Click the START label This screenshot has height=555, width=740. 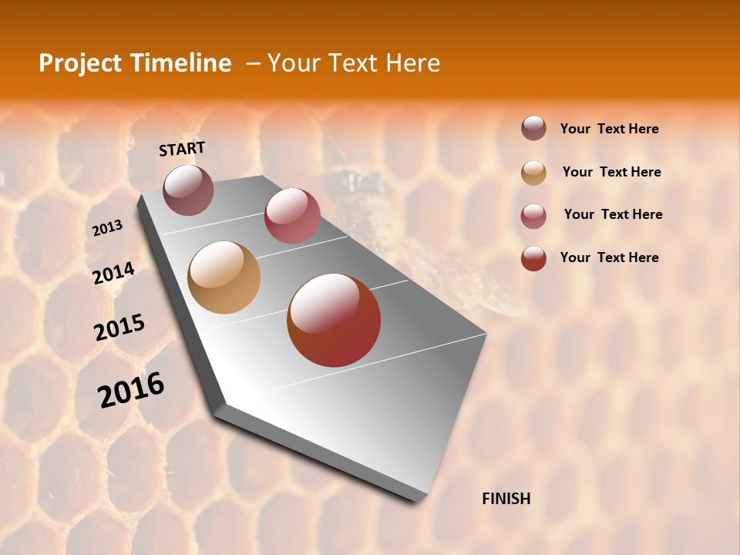[x=182, y=148]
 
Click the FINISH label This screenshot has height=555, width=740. [x=506, y=499]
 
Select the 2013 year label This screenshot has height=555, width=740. [x=108, y=227]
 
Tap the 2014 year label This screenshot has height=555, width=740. [x=113, y=273]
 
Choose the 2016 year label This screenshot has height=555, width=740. [x=131, y=389]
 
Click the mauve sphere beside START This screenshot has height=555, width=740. [x=189, y=190]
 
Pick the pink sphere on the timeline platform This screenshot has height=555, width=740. [x=292, y=216]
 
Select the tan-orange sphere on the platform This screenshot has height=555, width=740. [x=224, y=277]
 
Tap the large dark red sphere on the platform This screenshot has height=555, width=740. [x=334, y=320]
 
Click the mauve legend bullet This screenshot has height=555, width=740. [x=533, y=129]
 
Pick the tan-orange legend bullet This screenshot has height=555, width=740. [x=533, y=172]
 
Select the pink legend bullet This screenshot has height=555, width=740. [x=533, y=215]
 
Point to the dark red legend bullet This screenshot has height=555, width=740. [x=533, y=258]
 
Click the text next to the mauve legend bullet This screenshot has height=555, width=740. [x=609, y=129]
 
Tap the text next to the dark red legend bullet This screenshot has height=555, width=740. [x=609, y=257]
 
